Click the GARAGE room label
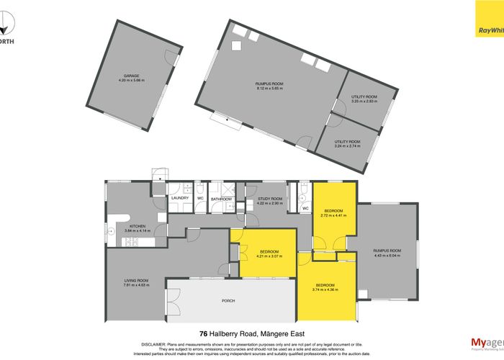tap(130, 75)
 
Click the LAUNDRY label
tap(179, 198)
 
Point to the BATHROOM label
tap(221, 199)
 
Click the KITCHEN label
tap(138, 226)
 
